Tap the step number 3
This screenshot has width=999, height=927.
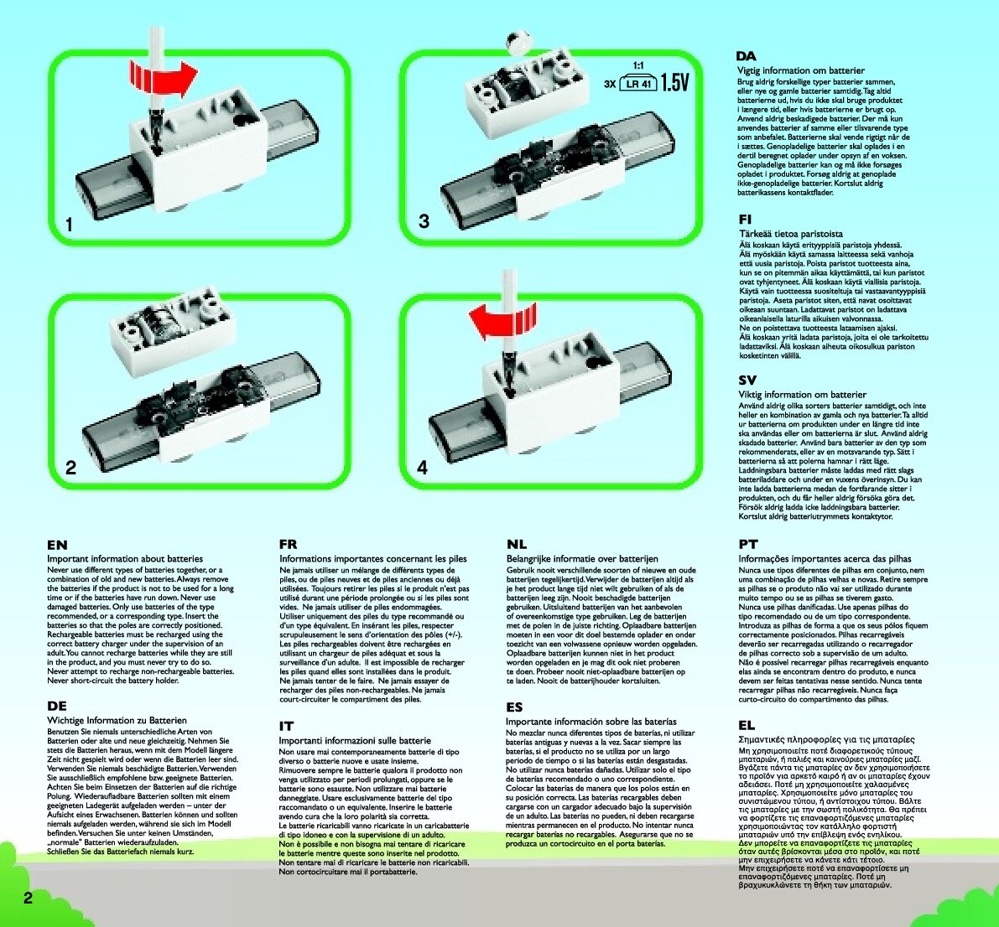tap(424, 221)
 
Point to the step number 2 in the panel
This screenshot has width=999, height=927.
tap(70, 468)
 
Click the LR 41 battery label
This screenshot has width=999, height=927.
tap(638, 84)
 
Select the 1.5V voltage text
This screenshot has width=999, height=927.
tap(674, 82)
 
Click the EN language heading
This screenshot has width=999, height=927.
tap(57, 545)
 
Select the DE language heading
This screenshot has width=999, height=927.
tap(57, 707)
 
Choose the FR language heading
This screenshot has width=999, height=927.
tap(288, 545)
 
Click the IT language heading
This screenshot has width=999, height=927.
tap(286, 727)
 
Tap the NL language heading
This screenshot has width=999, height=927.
tap(517, 545)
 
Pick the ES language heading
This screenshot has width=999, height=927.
tap(515, 707)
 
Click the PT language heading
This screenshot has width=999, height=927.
tap(748, 545)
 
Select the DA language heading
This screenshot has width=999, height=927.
tap(747, 57)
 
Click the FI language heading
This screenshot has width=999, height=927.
tap(745, 219)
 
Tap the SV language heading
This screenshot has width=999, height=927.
tap(747, 381)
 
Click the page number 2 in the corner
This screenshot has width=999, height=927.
tap(28, 899)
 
